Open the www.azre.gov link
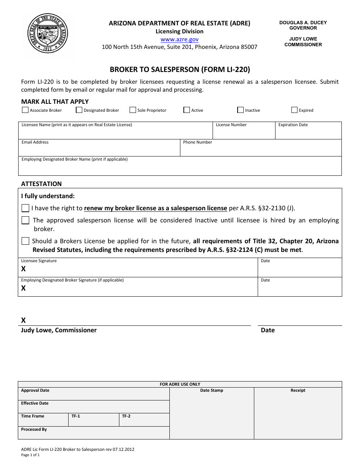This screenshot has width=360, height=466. point(179,39)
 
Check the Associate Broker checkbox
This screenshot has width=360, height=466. point(25,110)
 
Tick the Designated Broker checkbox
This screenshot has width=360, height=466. point(79,110)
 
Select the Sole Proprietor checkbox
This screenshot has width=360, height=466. point(133,110)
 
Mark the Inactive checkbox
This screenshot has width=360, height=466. point(241,110)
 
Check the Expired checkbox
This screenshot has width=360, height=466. point(294,110)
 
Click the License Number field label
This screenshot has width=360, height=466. point(231,125)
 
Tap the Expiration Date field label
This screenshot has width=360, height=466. point(293,125)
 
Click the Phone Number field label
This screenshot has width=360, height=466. point(197,142)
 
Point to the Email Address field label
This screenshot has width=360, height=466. point(35,142)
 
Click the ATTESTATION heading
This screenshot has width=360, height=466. point(41,184)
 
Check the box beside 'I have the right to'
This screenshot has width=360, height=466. point(25,208)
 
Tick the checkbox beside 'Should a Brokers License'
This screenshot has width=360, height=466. point(25,241)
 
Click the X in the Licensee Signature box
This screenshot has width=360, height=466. point(23,269)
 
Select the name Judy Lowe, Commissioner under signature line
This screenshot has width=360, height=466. point(59,330)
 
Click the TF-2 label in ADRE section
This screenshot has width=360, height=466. point(126,416)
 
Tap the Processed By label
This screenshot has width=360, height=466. point(34,430)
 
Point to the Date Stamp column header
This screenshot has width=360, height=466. point(211,391)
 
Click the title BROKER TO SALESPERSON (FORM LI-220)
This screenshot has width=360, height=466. point(180,69)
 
